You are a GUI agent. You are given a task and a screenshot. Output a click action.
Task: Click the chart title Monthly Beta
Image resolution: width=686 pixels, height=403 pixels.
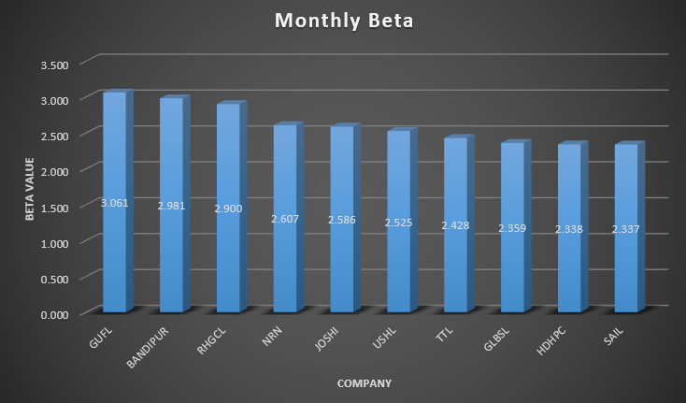pos(343,21)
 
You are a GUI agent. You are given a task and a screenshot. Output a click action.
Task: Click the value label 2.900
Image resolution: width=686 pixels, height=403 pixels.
pos(228,209)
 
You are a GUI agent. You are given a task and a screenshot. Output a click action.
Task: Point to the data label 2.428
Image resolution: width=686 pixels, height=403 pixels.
pos(455,225)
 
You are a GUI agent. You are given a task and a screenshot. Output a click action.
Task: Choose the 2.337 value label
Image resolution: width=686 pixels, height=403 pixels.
pos(625,229)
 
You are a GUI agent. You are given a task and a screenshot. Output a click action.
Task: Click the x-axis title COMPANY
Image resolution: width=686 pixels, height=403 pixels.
pos(364,383)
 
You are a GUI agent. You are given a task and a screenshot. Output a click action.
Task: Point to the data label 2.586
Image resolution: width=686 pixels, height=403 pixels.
pos(341,219)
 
